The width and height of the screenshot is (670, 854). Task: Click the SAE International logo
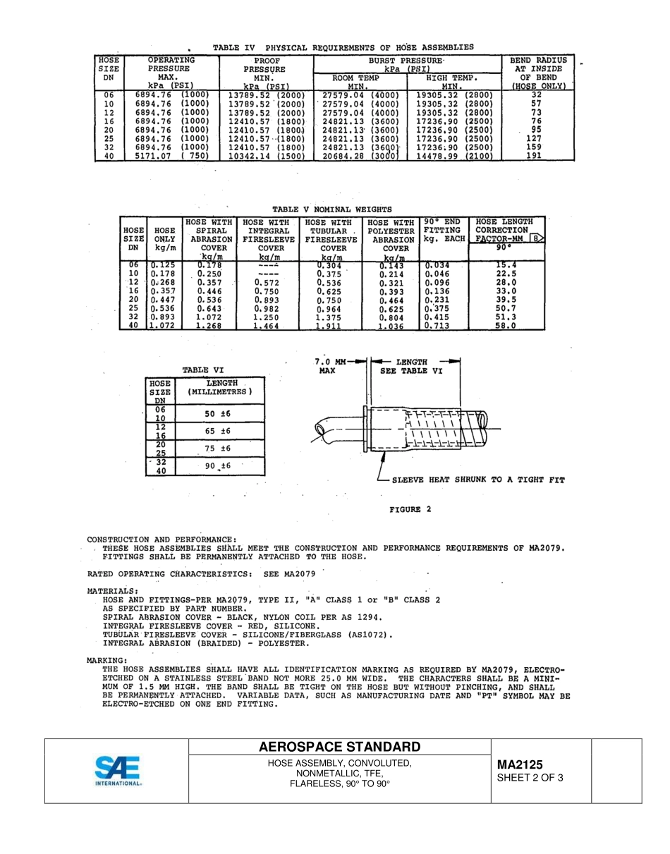point(118,770)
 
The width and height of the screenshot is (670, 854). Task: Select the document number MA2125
point(520,764)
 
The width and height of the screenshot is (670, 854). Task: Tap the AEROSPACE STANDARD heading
point(339,747)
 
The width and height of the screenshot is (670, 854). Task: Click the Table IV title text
point(343,47)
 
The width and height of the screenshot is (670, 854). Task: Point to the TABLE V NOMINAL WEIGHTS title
point(331,209)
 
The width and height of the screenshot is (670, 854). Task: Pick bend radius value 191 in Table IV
point(534,156)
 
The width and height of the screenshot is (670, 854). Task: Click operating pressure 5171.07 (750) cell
point(171,156)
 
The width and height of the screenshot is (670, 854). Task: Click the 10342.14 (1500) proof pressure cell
point(266,156)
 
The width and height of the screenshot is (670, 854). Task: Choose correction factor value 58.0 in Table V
point(506,326)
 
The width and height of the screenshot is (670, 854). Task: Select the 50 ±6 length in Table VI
point(218,414)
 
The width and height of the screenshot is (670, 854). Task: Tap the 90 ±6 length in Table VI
point(218,466)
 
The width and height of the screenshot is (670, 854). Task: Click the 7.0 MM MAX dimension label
point(329,366)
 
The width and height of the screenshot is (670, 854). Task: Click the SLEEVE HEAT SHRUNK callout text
point(478,480)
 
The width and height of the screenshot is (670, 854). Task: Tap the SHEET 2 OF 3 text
point(530,779)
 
